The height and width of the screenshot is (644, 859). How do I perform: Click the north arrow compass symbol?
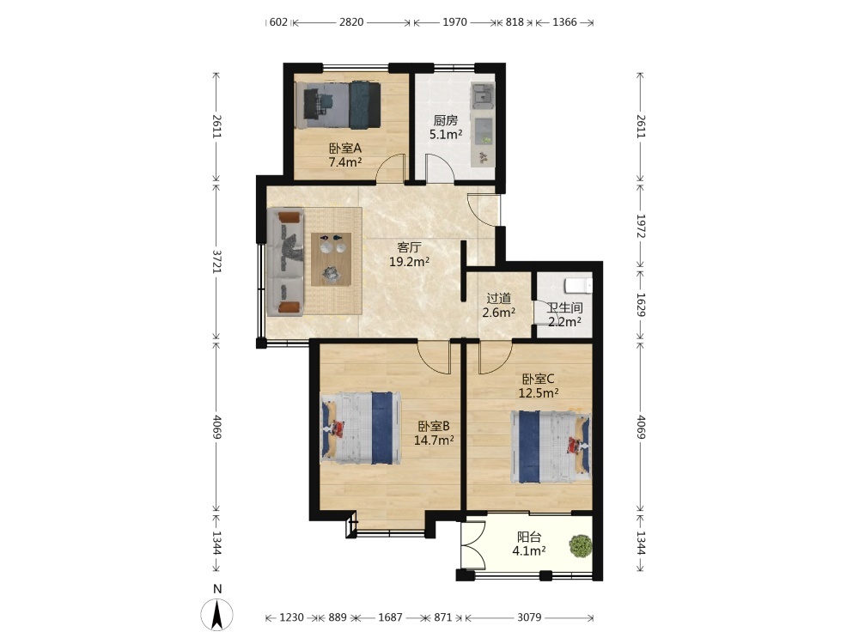(x=217, y=614)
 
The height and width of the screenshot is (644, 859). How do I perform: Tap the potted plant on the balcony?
(x=580, y=546)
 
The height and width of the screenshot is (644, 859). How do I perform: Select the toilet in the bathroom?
(x=578, y=285)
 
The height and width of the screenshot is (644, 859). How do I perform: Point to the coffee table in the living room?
(x=331, y=259)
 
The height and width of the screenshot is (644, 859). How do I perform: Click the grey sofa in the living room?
(x=285, y=262)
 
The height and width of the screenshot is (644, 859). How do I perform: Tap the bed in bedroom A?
(x=338, y=105)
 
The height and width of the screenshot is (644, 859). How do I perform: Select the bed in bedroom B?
(x=361, y=428)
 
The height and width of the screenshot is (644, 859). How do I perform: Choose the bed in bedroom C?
(x=551, y=447)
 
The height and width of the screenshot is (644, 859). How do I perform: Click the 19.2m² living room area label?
(x=409, y=262)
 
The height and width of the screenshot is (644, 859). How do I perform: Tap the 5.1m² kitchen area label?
(x=446, y=134)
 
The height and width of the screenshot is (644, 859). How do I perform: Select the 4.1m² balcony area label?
(x=528, y=551)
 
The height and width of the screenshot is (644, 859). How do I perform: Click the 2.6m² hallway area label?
(x=498, y=313)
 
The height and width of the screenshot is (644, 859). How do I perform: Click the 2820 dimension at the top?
(x=351, y=22)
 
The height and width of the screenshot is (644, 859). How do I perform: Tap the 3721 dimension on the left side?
(x=217, y=262)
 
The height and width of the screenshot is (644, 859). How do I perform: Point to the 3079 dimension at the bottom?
(x=529, y=617)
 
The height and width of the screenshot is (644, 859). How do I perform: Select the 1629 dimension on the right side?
(x=641, y=305)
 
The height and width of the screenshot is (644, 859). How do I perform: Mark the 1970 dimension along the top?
(x=454, y=22)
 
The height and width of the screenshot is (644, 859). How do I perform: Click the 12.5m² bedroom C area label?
(x=539, y=392)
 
